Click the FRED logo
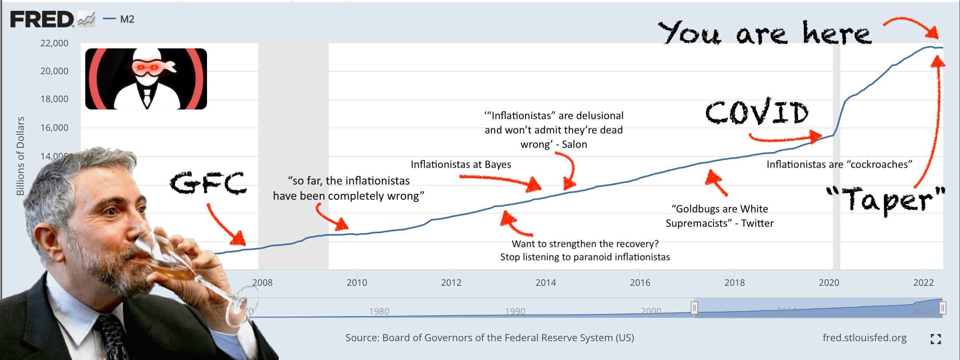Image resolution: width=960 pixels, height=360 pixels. tap(43, 19)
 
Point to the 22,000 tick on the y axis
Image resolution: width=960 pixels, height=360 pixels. tap(54, 43)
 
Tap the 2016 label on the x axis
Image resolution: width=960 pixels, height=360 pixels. tap(640, 283)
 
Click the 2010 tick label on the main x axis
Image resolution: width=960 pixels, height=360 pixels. tap(357, 283)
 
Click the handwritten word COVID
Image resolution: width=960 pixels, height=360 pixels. tap(757, 112)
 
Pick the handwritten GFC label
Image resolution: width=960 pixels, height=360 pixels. tap(209, 183)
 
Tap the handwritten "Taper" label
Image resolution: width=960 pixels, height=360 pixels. tap(885, 200)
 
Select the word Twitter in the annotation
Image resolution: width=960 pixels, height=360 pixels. tap(757, 223)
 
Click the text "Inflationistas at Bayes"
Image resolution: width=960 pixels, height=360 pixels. tap(461, 164)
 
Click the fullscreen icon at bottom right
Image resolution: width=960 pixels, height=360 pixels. tap(935, 339)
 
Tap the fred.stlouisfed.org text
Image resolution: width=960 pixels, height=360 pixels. tap(864, 337)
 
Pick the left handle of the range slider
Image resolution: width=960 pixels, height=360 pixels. tap(694, 308)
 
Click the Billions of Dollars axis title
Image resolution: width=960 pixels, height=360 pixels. tap(20, 156)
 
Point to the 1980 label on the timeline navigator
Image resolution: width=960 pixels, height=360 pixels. tap(379, 311)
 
